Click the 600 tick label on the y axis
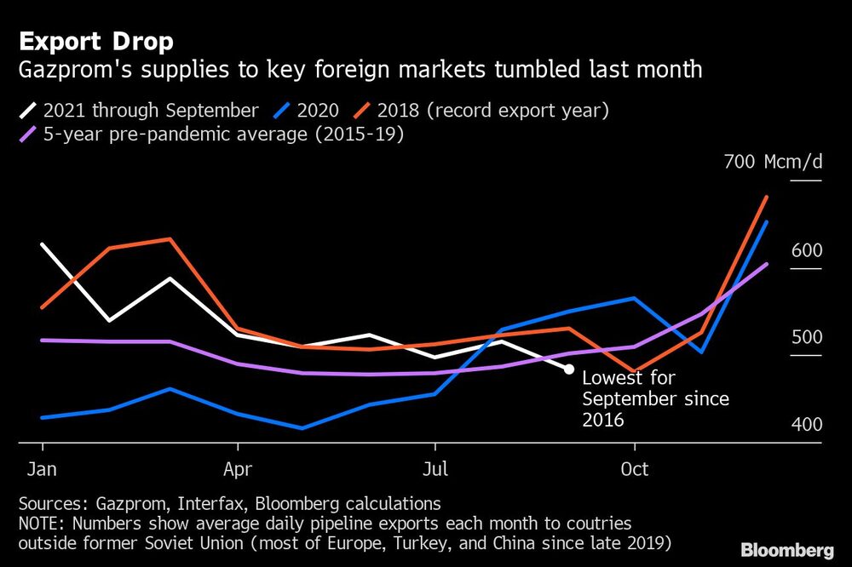[805, 250]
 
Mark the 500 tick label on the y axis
[805, 337]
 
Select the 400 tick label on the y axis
[805, 424]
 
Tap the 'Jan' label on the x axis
[42, 469]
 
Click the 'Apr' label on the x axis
[238, 469]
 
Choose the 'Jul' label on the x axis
[435, 469]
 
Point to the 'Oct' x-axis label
[634, 469]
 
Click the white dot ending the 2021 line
[568, 369]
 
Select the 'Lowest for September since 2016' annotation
[654, 398]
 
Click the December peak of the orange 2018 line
[768, 197]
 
